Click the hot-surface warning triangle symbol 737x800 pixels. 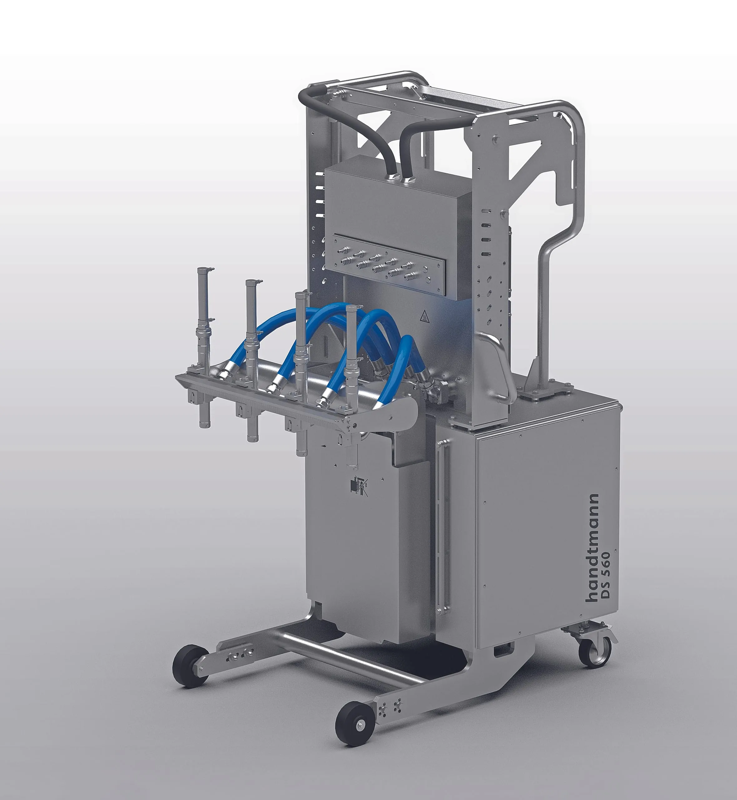pos(426,318)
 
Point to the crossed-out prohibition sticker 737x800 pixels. pos(359,486)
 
